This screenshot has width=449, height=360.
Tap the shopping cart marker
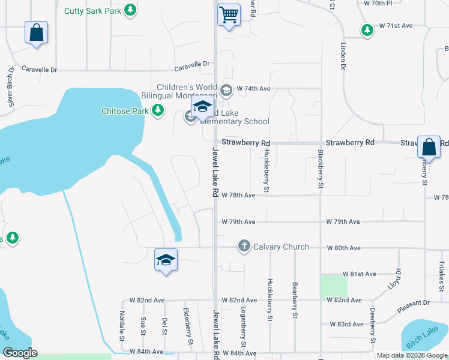(228, 15)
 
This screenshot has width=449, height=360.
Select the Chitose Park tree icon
(157, 110)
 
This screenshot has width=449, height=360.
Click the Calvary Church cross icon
(244, 246)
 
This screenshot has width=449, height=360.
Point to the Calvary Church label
(281, 247)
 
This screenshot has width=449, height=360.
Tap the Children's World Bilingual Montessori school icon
(226, 91)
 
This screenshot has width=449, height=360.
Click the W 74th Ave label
(254, 88)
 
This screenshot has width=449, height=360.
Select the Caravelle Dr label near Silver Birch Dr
(39, 70)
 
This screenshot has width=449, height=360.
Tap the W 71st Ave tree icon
(366, 29)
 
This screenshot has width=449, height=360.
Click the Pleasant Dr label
(414, 307)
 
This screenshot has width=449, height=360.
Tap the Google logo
(20, 353)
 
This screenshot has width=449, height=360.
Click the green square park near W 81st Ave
(334, 287)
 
